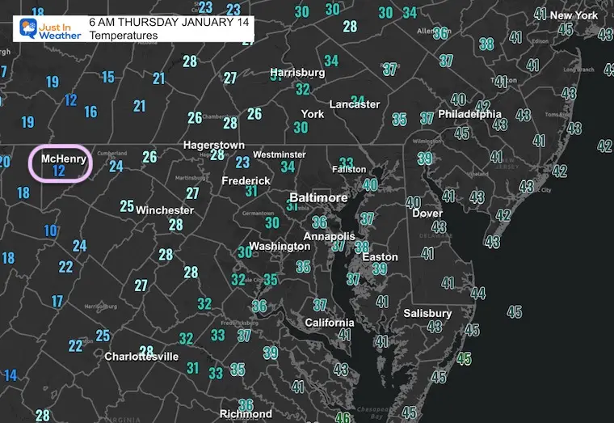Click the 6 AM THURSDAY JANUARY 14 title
click(170, 22)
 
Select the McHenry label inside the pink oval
click(59, 159)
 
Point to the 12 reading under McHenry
click(58, 171)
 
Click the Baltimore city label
click(319, 197)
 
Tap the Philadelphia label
click(469, 114)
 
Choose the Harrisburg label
click(297, 73)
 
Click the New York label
click(574, 15)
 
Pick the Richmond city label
click(246, 414)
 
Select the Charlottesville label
click(141, 356)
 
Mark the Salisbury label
click(427, 313)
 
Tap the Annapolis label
click(329, 236)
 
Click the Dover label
click(427, 214)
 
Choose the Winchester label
click(165, 210)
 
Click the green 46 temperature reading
click(343, 417)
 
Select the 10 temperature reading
click(51, 231)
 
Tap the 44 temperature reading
click(478, 293)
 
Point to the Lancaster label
click(355, 104)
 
